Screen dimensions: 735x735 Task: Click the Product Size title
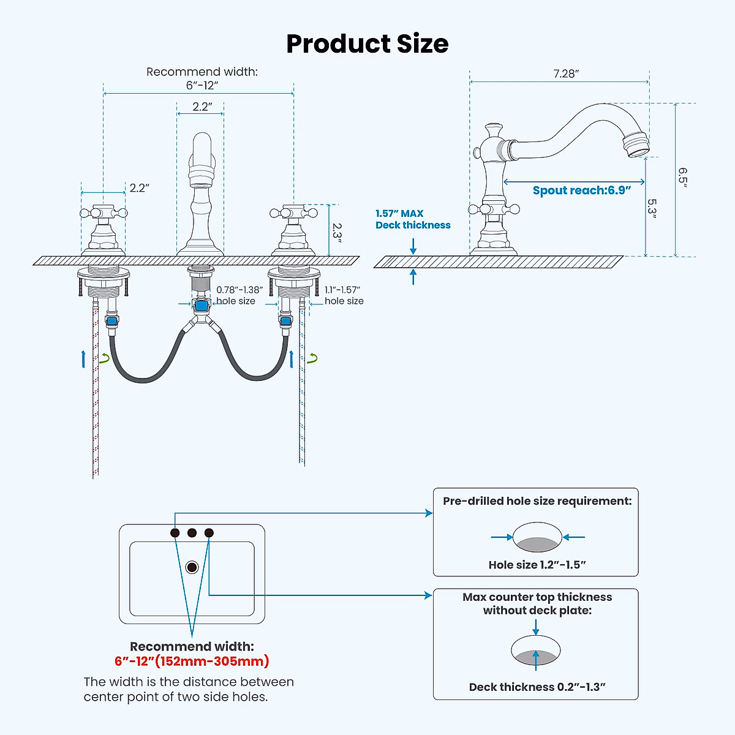[367, 44]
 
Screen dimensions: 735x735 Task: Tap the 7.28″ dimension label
[566, 73]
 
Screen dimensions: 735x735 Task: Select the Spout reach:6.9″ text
[581, 190]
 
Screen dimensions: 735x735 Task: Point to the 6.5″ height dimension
[682, 178]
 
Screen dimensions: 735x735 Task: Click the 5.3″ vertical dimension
[652, 207]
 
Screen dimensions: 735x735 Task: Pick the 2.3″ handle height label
[337, 231]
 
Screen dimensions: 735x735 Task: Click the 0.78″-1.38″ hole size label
[239, 295]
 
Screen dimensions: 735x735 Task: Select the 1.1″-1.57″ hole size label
[344, 295]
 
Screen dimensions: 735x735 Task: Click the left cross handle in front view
[104, 214]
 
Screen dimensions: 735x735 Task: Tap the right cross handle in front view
[293, 214]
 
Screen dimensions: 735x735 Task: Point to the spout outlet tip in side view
[637, 145]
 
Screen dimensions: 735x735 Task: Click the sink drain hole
[192, 567]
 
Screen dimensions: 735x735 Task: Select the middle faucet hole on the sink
[192, 533]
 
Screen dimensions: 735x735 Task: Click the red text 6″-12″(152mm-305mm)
[192, 661]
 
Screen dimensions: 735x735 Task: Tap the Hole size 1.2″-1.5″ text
[537, 565]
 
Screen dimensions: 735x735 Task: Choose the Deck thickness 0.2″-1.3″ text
[537, 687]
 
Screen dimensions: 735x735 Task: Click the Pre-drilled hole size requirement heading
[537, 501]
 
